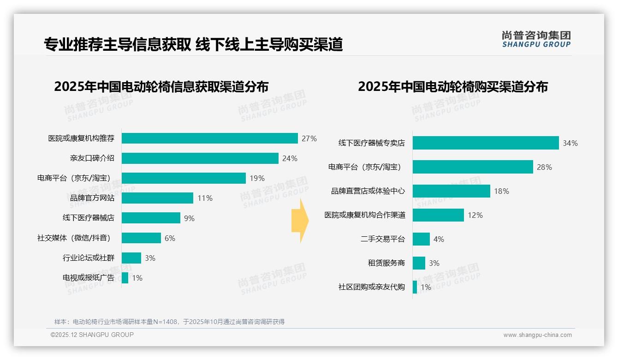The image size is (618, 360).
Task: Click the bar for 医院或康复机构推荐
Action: (x=210, y=138)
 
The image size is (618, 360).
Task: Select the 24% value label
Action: (x=290, y=158)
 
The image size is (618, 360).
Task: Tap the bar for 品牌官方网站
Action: (x=157, y=198)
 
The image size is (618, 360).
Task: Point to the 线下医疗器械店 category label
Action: (x=89, y=218)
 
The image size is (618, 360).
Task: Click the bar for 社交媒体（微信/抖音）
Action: (x=141, y=238)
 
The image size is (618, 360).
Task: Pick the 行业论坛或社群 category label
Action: (x=89, y=258)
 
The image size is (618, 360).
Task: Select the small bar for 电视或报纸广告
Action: (x=125, y=278)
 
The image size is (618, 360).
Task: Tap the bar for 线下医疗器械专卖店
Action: (x=486, y=143)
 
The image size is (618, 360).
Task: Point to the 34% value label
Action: (x=570, y=143)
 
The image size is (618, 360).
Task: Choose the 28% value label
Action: (x=544, y=167)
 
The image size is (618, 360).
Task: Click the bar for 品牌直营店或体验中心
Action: (x=452, y=191)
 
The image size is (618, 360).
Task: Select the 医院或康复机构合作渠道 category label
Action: (x=365, y=215)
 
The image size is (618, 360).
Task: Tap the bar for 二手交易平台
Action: (x=421, y=239)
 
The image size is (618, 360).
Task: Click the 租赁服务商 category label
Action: (x=386, y=263)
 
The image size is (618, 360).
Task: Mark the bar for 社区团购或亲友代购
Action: (x=415, y=287)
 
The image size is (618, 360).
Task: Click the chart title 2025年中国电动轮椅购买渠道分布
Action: (x=452, y=87)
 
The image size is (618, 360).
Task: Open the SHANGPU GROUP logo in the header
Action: (x=536, y=39)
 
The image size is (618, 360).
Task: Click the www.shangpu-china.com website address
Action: (x=537, y=335)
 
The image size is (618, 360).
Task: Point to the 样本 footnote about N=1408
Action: (x=169, y=322)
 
